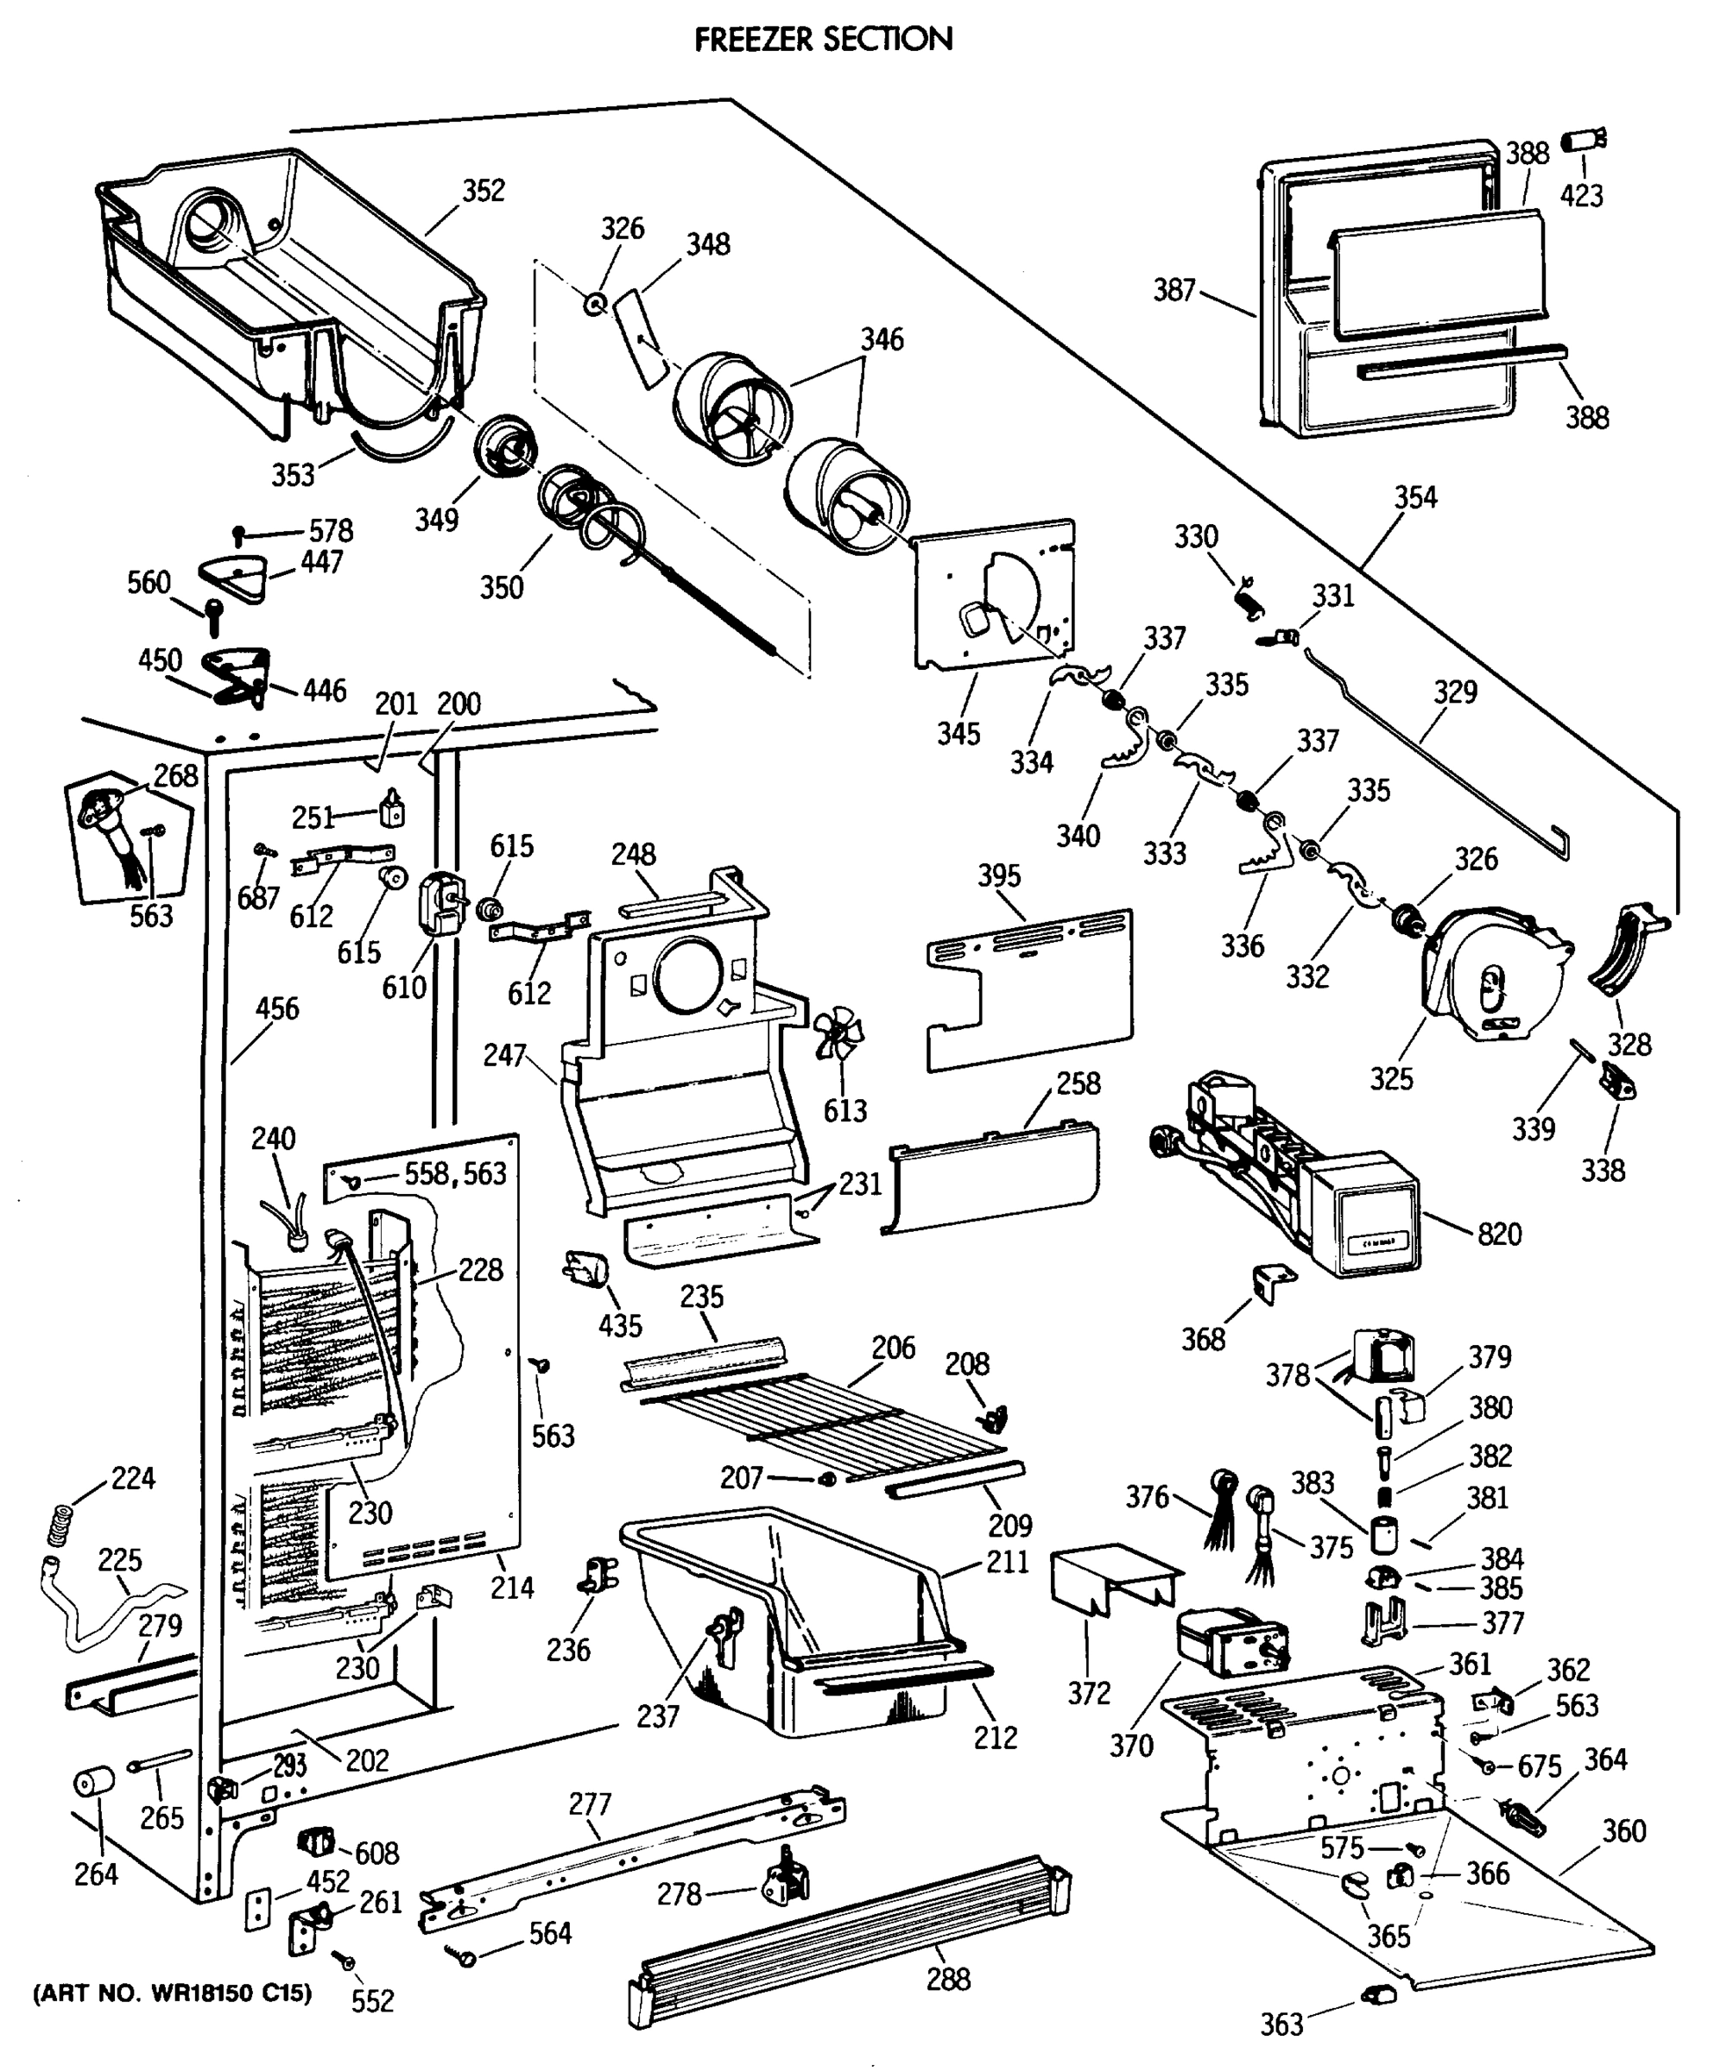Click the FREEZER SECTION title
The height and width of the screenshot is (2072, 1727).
[823, 40]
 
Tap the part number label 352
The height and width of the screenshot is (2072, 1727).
[484, 191]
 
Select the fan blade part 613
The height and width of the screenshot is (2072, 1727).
[838, 1032]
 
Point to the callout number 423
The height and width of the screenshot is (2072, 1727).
[1581, 195]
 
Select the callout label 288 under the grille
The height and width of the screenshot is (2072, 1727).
[947, 1978]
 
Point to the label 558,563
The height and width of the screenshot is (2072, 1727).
[455, 1173]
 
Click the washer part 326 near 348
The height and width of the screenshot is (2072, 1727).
[595, 305]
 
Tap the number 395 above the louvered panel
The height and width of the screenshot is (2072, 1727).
[999, 875]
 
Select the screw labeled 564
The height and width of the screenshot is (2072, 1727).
[463, 1954]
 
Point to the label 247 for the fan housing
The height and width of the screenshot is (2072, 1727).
[504, 1055]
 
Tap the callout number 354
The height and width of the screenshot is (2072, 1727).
[1415, 497]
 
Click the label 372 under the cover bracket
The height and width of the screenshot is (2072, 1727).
[1089, 1693]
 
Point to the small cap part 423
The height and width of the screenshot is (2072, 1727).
[1583, 141]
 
